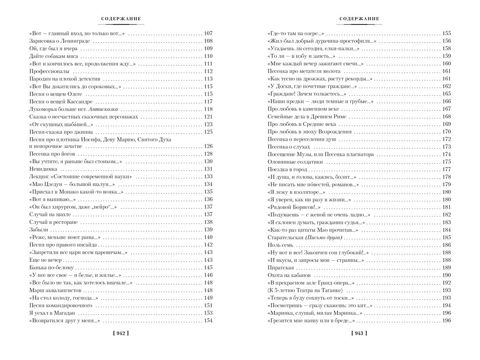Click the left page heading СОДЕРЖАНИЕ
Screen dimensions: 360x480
coord(121,19)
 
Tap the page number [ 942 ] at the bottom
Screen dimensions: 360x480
coord(120,333)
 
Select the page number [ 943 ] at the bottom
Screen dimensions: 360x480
coord(359,333)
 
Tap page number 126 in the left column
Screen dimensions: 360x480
coord(208,146)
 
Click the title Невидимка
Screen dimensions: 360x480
coord(42,169)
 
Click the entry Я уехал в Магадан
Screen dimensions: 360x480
coord(51,313)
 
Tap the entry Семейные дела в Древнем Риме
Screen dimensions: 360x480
coord(306,117)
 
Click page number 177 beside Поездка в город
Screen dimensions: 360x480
coord(446,169)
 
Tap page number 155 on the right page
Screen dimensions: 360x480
coord(446,34)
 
